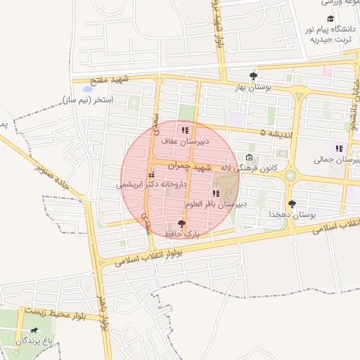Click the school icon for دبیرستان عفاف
pos(185,130)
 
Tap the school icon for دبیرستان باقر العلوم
pos(215,193)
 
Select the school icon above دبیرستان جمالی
pos(339,148)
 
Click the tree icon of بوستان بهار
pos(253,76)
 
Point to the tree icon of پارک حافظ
pos(183,223)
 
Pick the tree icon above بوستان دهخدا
pos(292,203)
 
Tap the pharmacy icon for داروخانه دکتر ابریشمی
pos(151,174)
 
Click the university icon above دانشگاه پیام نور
pos(330,19)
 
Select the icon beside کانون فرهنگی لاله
pos(250,157)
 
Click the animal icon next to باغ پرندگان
pos(34,330)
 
